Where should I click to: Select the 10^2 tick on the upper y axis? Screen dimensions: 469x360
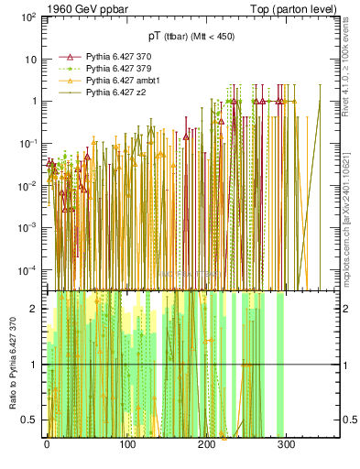point(27,17)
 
